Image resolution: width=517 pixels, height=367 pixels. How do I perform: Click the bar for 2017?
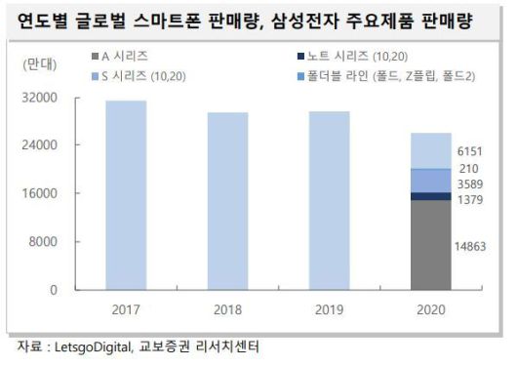(x=139, y=195)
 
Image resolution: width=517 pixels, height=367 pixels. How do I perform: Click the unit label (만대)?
(x=39, y=64)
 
